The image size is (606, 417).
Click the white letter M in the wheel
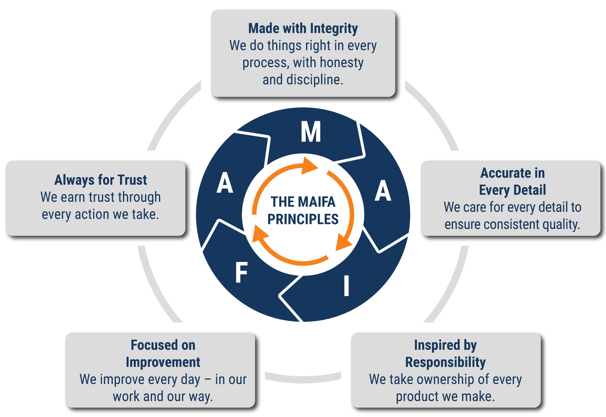(311, 132)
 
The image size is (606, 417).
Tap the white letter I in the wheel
(346, 286)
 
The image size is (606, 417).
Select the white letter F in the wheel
(241, 273)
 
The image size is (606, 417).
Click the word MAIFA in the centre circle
(316, 202)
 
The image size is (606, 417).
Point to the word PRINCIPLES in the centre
(303, 219)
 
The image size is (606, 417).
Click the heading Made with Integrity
(303, 28)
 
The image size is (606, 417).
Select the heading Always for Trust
(101, 180)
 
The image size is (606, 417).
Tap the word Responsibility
(445, 362)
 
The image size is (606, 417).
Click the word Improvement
(163, 362)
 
